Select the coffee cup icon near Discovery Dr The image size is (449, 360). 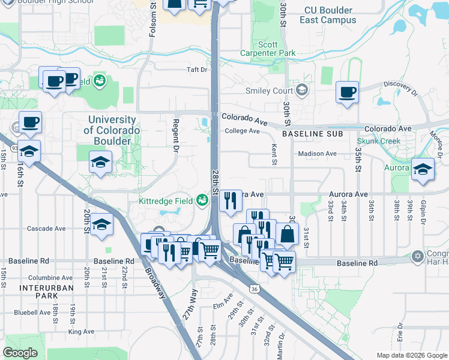346,92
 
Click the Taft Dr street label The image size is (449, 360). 196,70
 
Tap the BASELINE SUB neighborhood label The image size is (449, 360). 312,134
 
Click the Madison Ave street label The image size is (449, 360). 318,154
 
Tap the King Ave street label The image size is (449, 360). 81,331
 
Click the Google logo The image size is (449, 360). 21,353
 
